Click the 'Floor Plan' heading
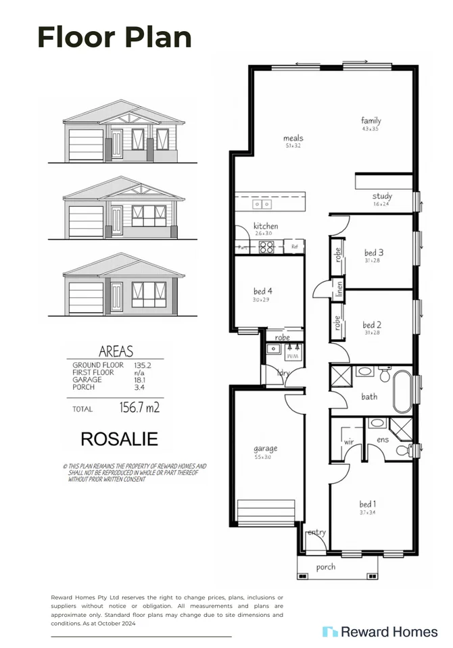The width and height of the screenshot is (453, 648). (x=114, y=36)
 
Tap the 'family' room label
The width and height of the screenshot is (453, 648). (x=371, y=121)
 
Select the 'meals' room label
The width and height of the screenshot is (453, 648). (x=293, y=139)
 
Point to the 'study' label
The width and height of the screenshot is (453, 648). (x=381, y=197)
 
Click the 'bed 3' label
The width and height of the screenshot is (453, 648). (x=374, y=253)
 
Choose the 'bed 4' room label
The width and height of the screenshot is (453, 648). (x=262, y=292)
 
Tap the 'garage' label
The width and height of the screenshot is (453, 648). (x=264, y=449)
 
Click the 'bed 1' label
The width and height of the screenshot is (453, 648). (x=368, y=504)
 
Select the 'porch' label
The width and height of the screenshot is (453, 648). (x=325, y=566)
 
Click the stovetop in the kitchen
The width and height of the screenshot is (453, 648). (x=266, y=247)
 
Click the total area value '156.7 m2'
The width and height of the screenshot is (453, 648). (x=139, y=407)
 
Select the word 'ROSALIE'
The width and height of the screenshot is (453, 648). (x=119, y=439)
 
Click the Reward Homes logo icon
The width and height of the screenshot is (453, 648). (x=329, y=632)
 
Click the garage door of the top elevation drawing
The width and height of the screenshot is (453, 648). (x=85, y=145)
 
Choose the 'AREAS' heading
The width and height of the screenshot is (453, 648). (x=116, y=351)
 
